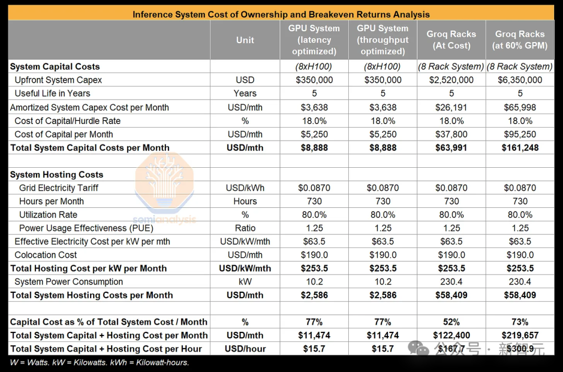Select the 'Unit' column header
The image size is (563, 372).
pos(245,40)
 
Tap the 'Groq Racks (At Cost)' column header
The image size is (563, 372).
pos(451,40)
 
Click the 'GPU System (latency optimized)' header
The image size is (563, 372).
pos(314,40)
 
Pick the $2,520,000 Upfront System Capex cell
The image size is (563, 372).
pos(451,80)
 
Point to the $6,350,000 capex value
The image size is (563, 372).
pos(520,80)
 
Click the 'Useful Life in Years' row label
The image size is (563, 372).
pos(52,94)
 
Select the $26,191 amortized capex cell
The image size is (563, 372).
pos(451,107)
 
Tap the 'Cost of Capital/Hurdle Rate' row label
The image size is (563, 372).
pos(68,121)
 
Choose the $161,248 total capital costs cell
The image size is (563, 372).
pos(520,148)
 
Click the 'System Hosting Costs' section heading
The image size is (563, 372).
pos(56,175)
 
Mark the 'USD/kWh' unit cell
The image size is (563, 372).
pos(245,188)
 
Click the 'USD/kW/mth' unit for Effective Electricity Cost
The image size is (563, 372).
pos(245,242)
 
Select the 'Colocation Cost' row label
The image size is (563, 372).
pos(46,255)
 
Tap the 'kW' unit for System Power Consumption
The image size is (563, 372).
pos(245,282)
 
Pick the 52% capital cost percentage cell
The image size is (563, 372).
pos(451,322)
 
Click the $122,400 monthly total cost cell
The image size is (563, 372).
pos(451,336)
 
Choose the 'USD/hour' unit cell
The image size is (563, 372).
pos(245,349)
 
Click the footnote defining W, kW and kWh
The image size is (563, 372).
pos(100,363)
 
